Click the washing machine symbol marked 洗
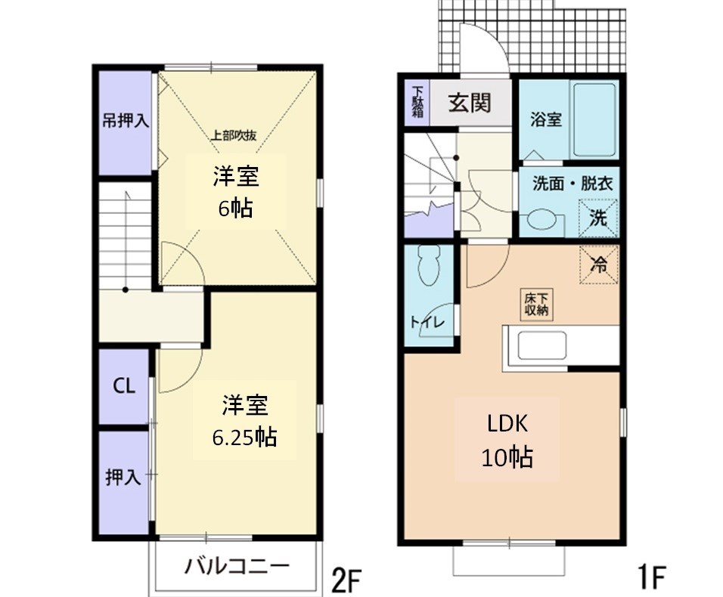[597, 218]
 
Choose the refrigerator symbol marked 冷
[598, 264]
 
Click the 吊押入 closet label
[125, 120]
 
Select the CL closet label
[124, 386]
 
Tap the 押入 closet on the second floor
[123, 478]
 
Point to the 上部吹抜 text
[234, 136]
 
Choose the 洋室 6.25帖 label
[244, 421]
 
